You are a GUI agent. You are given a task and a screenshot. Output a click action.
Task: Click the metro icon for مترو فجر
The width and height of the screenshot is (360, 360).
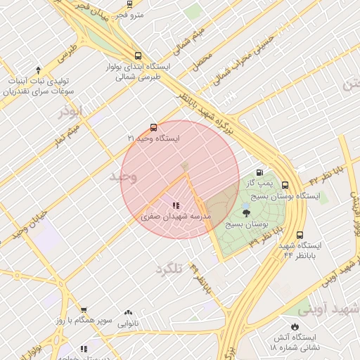pyautogui.click(x=129, y=4)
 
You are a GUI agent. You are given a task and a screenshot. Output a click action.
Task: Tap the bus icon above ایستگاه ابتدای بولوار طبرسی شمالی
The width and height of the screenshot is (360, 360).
pyautogui.click(x=138, y=56)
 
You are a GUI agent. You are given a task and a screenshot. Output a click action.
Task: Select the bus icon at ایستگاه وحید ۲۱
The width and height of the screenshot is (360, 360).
pyautogui.click(x=153, y=128)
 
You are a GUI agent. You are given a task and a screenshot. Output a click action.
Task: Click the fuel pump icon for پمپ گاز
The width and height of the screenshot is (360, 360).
pyautogui.click(x=260, y=172)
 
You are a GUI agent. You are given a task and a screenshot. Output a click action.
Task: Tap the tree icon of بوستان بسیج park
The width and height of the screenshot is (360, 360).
pyautogui.click(x=245, y=213)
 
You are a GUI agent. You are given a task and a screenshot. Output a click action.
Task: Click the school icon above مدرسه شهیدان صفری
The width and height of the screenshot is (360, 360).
pyautogui.click(x=175, y=206)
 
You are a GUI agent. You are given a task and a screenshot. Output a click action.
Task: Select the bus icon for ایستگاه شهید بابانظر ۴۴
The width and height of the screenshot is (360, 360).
pyautogui.click(x=300, y=235)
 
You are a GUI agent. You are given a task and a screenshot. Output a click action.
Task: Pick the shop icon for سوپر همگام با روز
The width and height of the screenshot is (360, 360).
pyautogui.click(x=84, y=310)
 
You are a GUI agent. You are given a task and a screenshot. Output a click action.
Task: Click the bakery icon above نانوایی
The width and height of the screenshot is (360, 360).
pyautogui.click(x=128, y=312)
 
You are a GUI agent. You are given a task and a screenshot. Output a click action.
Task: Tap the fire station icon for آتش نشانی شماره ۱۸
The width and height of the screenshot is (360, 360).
pyautogui.click(x=295, y=327)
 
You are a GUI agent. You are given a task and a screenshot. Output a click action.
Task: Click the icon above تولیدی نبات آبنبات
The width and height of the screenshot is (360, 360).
pyautogui.click(x=39, y=70)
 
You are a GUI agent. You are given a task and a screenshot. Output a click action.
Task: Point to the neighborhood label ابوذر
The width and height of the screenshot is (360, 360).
pyautogui.click(x=71, y=111)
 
